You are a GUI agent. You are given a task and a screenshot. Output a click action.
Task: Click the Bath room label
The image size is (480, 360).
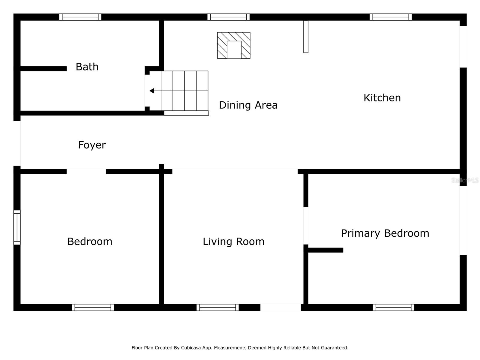pos(87,67)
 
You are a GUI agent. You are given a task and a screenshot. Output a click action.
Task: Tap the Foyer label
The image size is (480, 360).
pos(92,145)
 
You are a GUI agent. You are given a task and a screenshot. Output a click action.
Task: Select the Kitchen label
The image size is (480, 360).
pos(382,98)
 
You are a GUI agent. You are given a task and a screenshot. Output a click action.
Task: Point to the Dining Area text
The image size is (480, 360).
pos(248,105)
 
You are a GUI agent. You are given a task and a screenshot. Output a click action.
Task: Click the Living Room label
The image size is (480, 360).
pos(233,241)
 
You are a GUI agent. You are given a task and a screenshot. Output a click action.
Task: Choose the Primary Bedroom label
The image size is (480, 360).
pos(385,233)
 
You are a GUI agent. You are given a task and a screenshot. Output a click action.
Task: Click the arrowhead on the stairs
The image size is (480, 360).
pos(152,91)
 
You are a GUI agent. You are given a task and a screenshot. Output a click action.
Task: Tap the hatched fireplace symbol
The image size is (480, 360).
pos(233,45)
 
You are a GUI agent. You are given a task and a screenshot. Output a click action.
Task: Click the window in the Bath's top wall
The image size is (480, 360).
pos(80,17)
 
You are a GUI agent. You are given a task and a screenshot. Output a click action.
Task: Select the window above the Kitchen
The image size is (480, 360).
pos(390,17)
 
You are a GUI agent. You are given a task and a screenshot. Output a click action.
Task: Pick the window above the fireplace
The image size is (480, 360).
pos(228,17)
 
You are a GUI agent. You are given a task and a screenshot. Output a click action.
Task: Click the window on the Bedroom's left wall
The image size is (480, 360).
pos(17,227)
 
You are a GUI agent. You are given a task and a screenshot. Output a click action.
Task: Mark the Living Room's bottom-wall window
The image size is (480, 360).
pos(217,307)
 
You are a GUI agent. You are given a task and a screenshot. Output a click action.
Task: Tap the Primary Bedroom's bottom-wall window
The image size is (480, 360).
pos(393,307)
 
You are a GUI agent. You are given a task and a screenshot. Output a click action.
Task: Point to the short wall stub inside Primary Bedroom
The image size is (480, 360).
pos(325,250)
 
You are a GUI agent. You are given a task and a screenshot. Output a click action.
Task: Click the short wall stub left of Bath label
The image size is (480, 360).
pos(43,69)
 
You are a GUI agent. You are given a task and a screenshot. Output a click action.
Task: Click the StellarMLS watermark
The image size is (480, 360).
pos(465,180)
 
